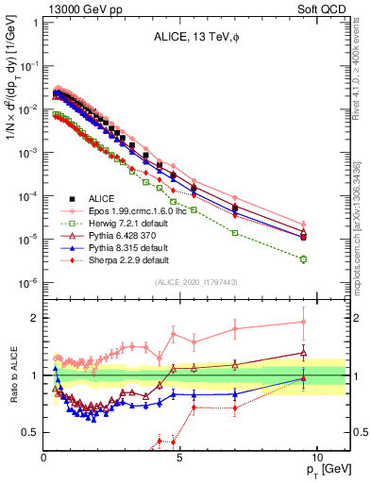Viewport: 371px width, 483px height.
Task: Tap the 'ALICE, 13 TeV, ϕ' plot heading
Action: coord(192,39)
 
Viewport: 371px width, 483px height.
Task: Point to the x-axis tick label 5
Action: coord(179,457)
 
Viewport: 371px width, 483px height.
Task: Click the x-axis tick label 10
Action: coord(315,457)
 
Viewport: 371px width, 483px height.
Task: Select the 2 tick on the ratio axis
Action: coord(34,317)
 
